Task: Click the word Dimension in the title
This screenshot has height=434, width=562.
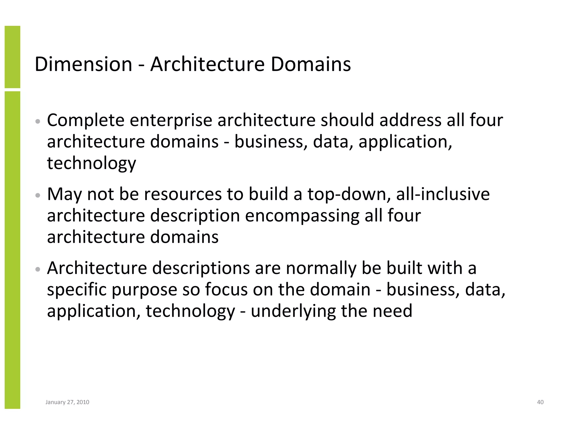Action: tap(83, 64)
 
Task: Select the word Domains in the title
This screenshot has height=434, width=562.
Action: tap(311, 64)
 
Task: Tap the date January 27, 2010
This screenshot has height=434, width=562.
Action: tap(67, 402)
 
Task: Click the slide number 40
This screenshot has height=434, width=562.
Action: tap(540, 402)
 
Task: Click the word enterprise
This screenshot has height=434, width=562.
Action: tap(171, 120)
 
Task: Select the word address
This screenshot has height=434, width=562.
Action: tap(410, 120)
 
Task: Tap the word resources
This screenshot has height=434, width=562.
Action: tap(183, 195)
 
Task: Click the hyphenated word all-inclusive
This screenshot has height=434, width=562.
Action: tap(443, 195)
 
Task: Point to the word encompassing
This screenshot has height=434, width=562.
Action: tap(302, 216)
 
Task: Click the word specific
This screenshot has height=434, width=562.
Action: tap(77, 290)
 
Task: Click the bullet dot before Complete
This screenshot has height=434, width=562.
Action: tap(38, 121)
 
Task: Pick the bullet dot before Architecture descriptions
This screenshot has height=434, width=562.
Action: tap(38, 269)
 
